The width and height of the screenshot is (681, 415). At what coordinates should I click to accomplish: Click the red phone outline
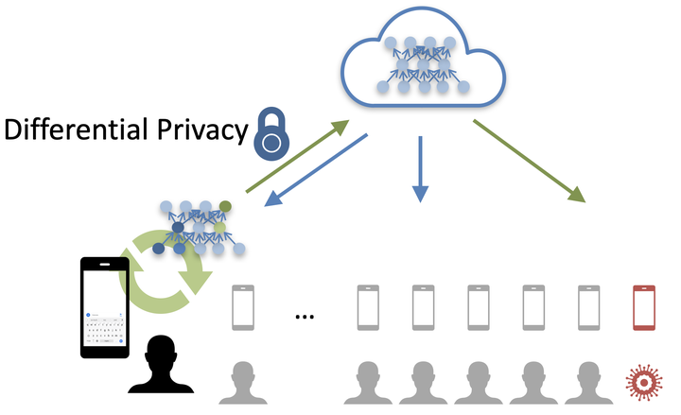pyautogui.click(x=644, y=305)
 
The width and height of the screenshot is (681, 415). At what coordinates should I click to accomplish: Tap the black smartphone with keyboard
pyautogui.click(x=104, y=307)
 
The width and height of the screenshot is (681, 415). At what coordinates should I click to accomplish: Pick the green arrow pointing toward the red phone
pyautogui.click(x=530, y=161)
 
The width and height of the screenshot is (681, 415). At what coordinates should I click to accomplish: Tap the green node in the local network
pyautogui.click(x=225, y=205)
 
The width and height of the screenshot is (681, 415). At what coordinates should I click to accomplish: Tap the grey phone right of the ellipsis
pyautogui.click(x=368, y=305)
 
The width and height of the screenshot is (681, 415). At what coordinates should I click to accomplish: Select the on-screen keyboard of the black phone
pyautogui.click(x=104, y=331)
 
